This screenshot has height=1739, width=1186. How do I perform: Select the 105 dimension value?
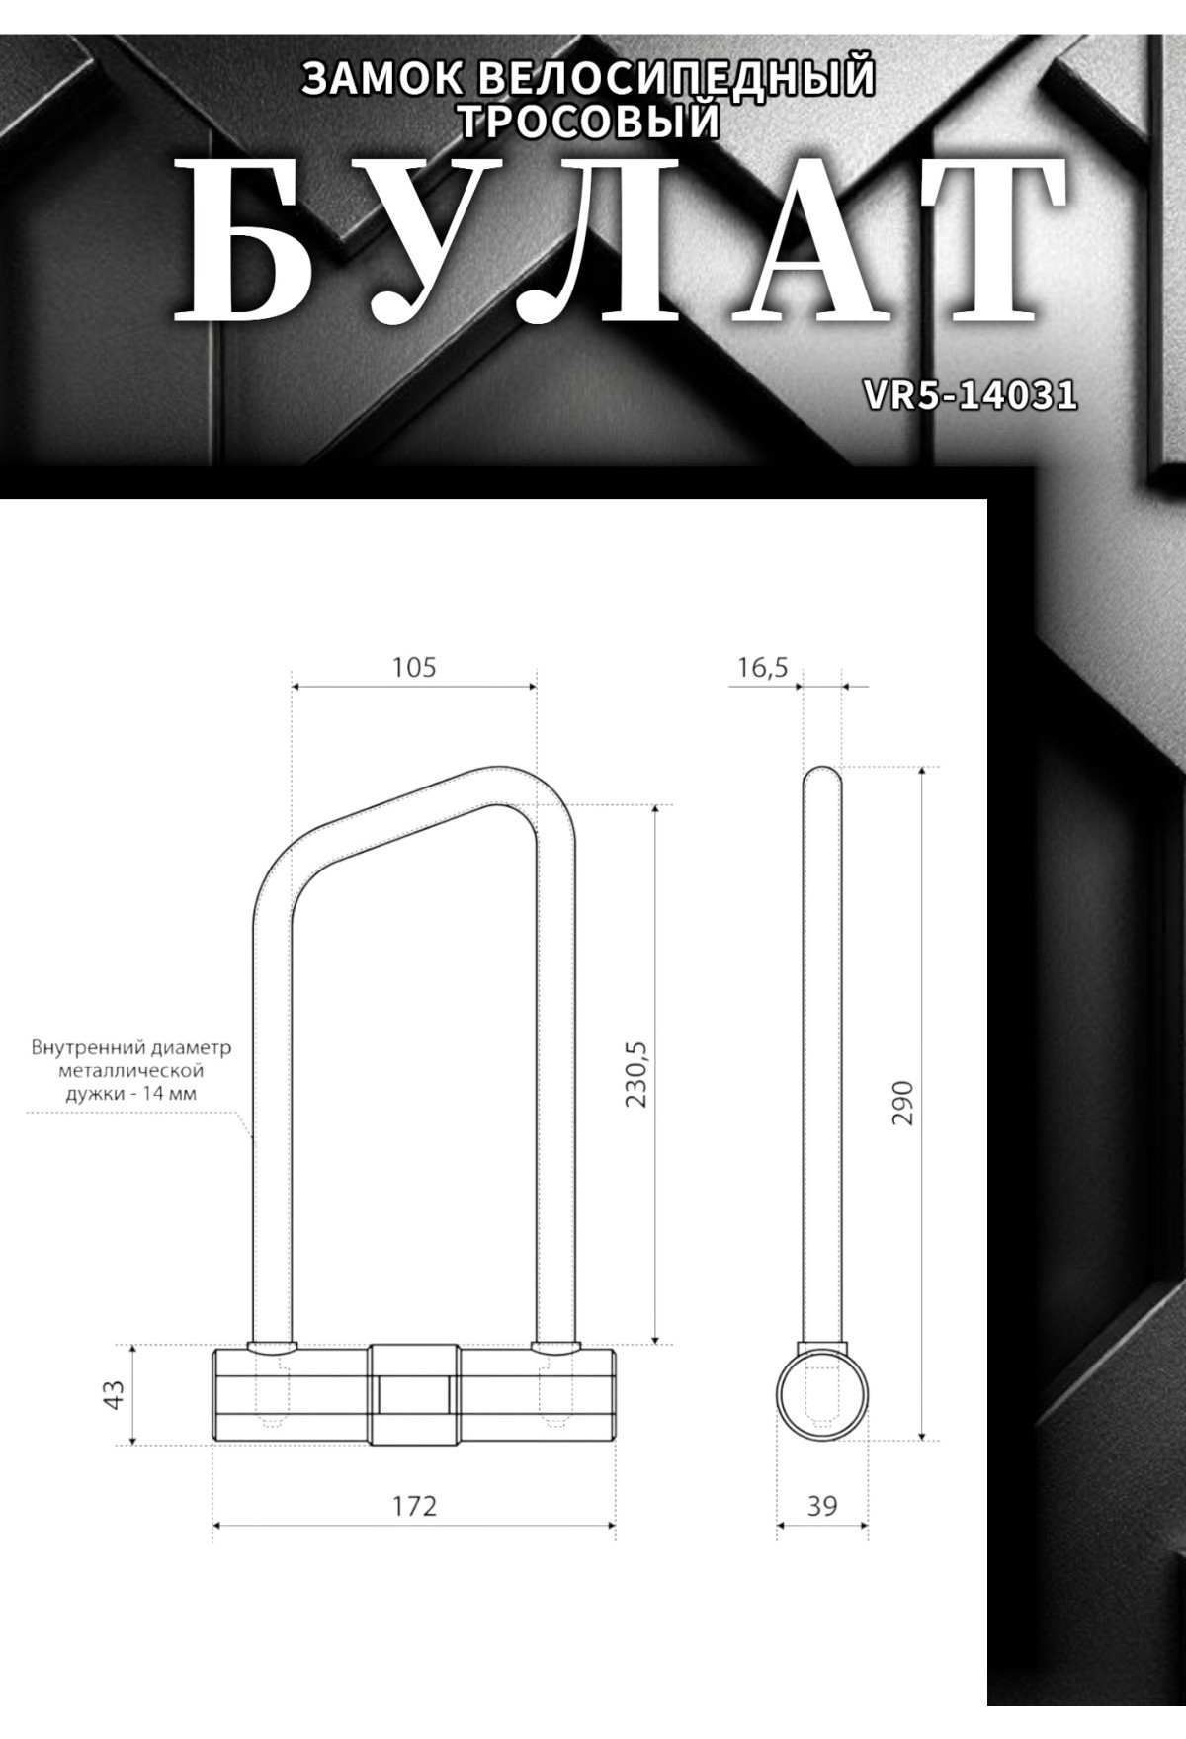pos(414,667)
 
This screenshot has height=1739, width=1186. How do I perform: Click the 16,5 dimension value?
pos(762,668)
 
